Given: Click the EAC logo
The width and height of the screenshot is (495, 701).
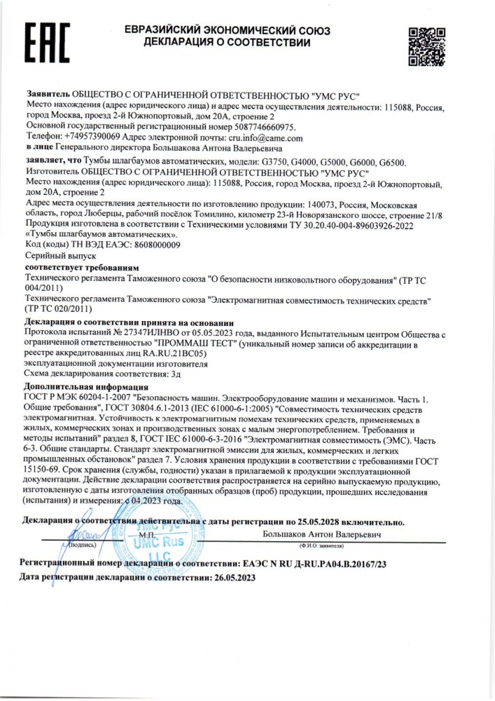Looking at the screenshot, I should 48,43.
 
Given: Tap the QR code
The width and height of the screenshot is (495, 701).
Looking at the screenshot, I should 426,46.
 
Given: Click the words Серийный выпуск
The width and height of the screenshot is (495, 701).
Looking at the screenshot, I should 55,257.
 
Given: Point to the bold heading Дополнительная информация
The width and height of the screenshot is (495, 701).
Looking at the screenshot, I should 86,387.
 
